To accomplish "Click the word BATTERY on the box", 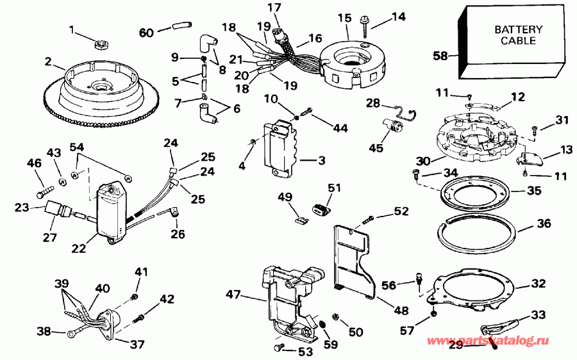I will [x=518, y=29].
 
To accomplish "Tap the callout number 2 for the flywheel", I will [x=47, y=61].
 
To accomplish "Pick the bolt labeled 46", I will [x=44, y=190].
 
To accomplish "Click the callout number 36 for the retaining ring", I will [x=526, y=225].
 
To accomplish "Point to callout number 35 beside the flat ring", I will [x=533, y=191].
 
